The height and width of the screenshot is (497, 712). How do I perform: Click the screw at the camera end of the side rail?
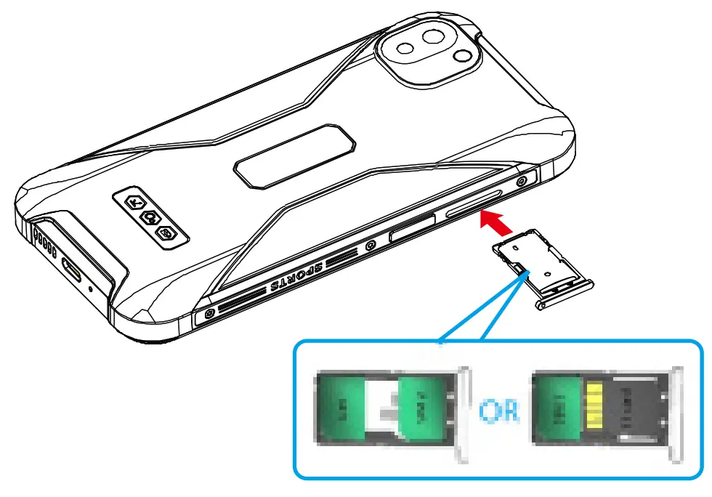pos(522,180)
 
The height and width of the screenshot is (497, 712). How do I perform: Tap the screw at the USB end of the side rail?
pos(209,313)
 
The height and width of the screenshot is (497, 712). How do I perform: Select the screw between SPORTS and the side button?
pos(371,244)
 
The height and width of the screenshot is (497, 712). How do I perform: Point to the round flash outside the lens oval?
pos(461,57)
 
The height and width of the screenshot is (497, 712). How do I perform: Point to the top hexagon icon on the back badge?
pos(135,203)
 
